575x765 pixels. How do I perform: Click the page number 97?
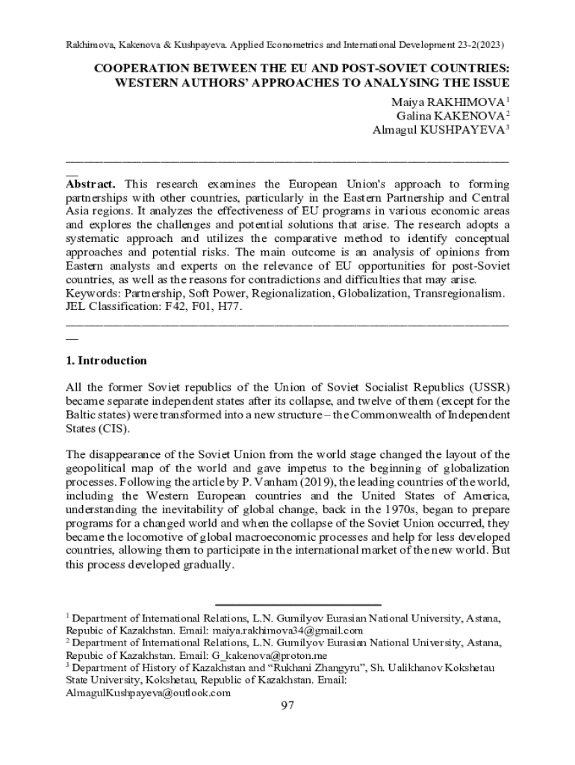287,707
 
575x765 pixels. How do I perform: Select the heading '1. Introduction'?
107,360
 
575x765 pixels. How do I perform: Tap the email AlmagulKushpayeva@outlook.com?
149,693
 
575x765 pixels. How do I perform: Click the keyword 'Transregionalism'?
460,294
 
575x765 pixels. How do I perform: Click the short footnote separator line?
298,604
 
